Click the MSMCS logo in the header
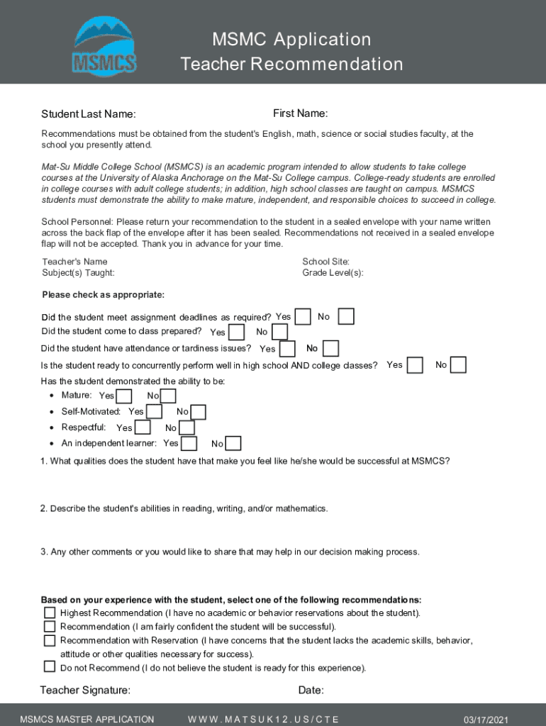tap(104, 46)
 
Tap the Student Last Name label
tap(89, 115)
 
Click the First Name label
tap(300, 114)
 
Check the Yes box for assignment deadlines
tap(303, 316)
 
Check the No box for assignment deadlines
tap(346, 316)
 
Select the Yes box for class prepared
tap(237, 332)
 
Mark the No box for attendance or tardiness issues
tap(330, 348)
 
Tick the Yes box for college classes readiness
tap(415, 364)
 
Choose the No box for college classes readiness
tap(459, 364)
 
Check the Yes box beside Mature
tap(123, 396)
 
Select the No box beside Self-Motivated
tap(199, 412)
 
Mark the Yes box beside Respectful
tap(143, 428)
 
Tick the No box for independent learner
tap(233, 444)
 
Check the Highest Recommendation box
tap(50, 613)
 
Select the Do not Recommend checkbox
tap(50, 666)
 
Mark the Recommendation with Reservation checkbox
tap(50, 640)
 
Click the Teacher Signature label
tap(85, 691)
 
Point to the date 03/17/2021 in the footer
tap(484, 719)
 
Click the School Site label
tap(325, 262)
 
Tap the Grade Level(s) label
tap(333, 273)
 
